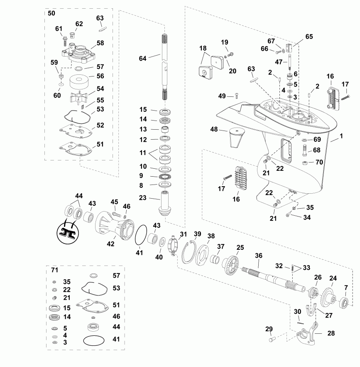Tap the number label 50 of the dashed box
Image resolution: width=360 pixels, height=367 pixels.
(51, 13)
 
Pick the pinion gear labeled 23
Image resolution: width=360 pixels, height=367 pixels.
(167, 203)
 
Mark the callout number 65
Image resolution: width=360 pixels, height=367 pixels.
(309, 37)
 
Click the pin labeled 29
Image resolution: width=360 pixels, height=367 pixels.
(272, 339)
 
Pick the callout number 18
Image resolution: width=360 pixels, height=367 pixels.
(203, 48)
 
